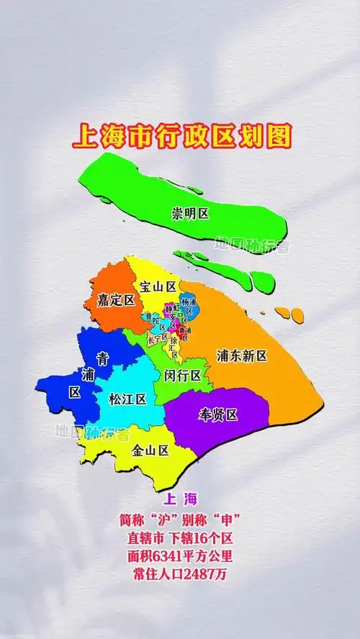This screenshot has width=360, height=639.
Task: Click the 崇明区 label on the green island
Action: pyautogui.click(x=190, y=214)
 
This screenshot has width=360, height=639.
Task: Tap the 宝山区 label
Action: pyautogui.click(x=158, y=286)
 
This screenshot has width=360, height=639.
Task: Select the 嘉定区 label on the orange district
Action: pyautogui.click(x=117, y=300)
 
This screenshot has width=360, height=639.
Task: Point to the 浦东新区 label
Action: pyautogui.click(x=242, y=355)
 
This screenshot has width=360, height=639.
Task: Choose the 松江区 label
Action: pyautogui.click(x=127, y=399)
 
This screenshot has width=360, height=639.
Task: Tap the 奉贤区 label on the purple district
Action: pyautogui.click(x=217, y=414)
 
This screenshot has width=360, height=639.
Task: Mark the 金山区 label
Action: pyautogui.click(x=150, y=450)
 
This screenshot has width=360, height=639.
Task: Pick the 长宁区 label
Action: pyautogui.click(x=157, y=337)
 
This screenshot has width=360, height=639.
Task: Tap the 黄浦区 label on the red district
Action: pyautogui.click(x=184, y=332)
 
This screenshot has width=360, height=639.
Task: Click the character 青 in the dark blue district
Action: pyautogui.click(x=104, y=357)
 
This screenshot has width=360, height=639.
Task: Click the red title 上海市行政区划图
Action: pyautogui.click(x=181, y=136)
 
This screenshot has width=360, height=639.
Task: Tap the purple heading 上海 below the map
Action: pyautogui.click(x=180, y=499)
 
